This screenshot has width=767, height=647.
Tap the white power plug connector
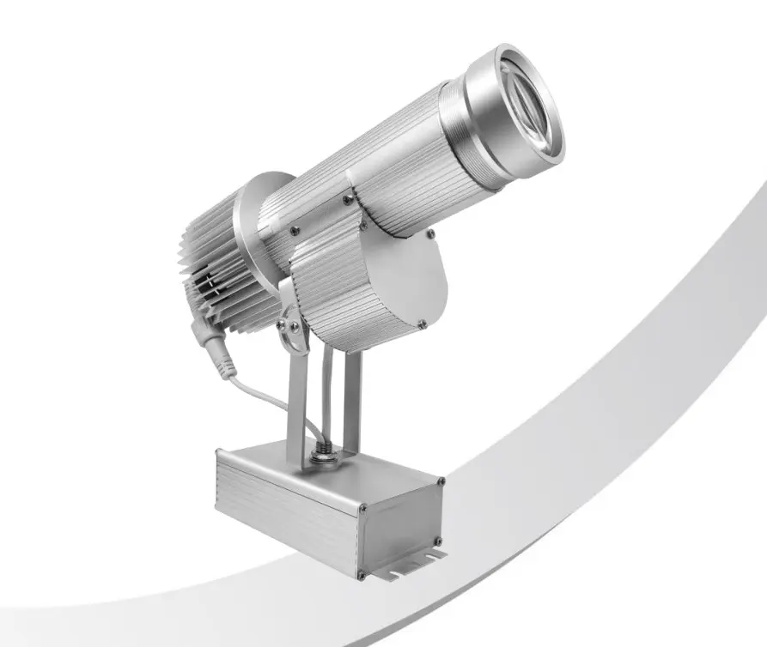point(216,353)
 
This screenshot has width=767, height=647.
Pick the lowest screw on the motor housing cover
point(421,323)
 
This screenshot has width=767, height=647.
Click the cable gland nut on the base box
point(324,452)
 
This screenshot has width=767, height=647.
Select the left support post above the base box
point(296,403)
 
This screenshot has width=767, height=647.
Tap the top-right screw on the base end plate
point(441,482)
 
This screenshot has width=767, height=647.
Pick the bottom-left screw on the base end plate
point(362,574)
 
